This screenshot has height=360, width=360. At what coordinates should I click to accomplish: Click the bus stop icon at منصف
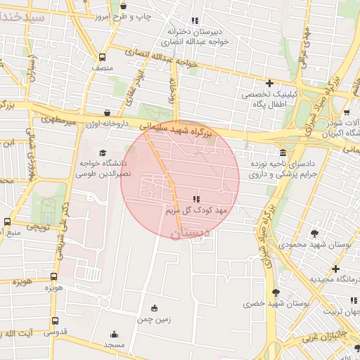[103, 58]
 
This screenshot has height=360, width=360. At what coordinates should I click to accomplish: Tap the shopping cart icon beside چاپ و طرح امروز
[124, 6]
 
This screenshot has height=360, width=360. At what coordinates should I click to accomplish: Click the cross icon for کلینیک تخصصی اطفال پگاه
[269, 83]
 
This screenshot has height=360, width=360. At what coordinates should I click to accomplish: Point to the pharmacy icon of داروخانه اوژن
[107, 112]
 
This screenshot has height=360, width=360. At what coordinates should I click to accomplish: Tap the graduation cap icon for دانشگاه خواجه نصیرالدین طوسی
[103, 153]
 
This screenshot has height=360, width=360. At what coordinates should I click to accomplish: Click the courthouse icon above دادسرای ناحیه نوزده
[283, 153]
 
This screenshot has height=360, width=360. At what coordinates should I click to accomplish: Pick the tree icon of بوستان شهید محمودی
[314, 233]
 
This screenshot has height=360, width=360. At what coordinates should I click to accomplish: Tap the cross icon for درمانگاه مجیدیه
[336, 269]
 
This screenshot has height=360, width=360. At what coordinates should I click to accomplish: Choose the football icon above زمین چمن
[155, 307]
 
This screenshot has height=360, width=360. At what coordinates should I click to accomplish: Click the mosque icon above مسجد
[114, 335]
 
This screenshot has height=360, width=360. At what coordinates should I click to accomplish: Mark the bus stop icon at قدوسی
[55, 321]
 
